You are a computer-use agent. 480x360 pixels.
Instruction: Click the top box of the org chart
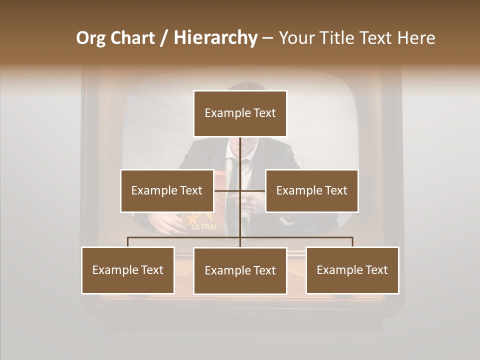pyautogui.click(x=240, y=113)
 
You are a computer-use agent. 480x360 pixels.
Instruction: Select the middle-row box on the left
pyautogui.click(x=167, y=190)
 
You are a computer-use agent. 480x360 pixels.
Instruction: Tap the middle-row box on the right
pyautogui.click(x=311, y=190)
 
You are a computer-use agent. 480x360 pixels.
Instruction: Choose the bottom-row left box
pyautogui.click(x=128, y=270)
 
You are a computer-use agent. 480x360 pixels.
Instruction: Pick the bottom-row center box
pyautogui.click(x=240, y=270)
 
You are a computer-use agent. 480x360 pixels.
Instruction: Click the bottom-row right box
pyautogui.click(x=352, y=270)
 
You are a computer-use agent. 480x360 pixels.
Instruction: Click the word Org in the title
pyautogui.click(x=90, y=38)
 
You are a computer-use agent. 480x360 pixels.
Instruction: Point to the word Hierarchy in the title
pyautogui.click(x=215, y=38)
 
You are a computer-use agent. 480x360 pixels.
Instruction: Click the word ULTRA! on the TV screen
pyautogui.click(x=204, y=227)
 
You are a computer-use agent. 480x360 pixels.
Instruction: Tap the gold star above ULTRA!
pyautogui.click(x=193, y=218)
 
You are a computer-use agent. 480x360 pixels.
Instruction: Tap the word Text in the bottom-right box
pyautogui.click(x=375, y=270)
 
